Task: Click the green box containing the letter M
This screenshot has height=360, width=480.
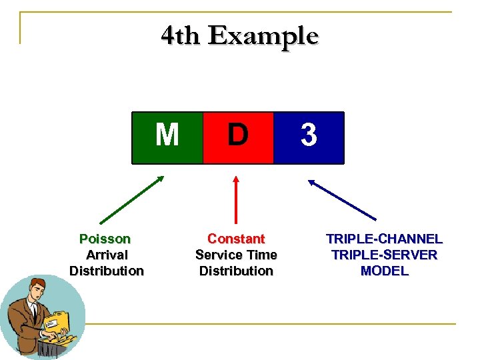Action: (x=167, y=137)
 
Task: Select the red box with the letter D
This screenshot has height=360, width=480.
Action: (x=237, y=137)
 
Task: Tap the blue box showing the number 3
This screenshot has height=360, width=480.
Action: (x=309, y=137)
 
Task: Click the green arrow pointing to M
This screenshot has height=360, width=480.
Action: (x=131, y=199)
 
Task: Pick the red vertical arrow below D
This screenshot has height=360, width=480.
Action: (x=235, y=200)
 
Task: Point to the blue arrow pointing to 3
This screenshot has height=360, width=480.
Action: (x=341, y=199)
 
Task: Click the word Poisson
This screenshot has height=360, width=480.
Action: (x=105, y=239)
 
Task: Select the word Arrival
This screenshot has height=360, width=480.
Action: (x=107, y=255)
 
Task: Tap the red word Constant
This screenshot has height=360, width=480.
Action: (x=236, y=239)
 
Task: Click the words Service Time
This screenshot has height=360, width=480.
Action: (x=236, y=255)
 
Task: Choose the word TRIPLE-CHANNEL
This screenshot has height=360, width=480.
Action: (x=384, y=239)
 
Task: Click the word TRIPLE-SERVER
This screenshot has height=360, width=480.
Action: (x=384, y=255)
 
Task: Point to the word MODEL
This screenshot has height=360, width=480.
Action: (x=384, y=271)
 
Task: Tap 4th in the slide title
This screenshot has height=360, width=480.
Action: (x=180, y=35)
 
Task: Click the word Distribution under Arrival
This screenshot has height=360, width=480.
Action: (x=107, y=271)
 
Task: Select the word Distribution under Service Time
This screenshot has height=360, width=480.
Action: (x=236, y=271)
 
